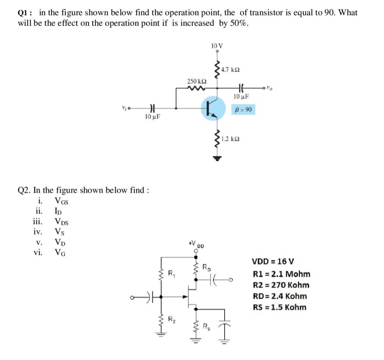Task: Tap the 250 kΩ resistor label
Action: (x=195, y=81)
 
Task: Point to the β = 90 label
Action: (x=243, y=110)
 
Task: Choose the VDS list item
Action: (x=62, y=222)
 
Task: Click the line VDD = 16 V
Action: (x=273, y=261)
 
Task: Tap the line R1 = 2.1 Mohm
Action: (x=281, y=273)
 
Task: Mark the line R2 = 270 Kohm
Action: (x=281, y=285)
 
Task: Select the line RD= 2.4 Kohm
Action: (x=279, y=296)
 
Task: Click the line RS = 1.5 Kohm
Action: (x=279, y=307)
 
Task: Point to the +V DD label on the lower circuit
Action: (x=196, y=244)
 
